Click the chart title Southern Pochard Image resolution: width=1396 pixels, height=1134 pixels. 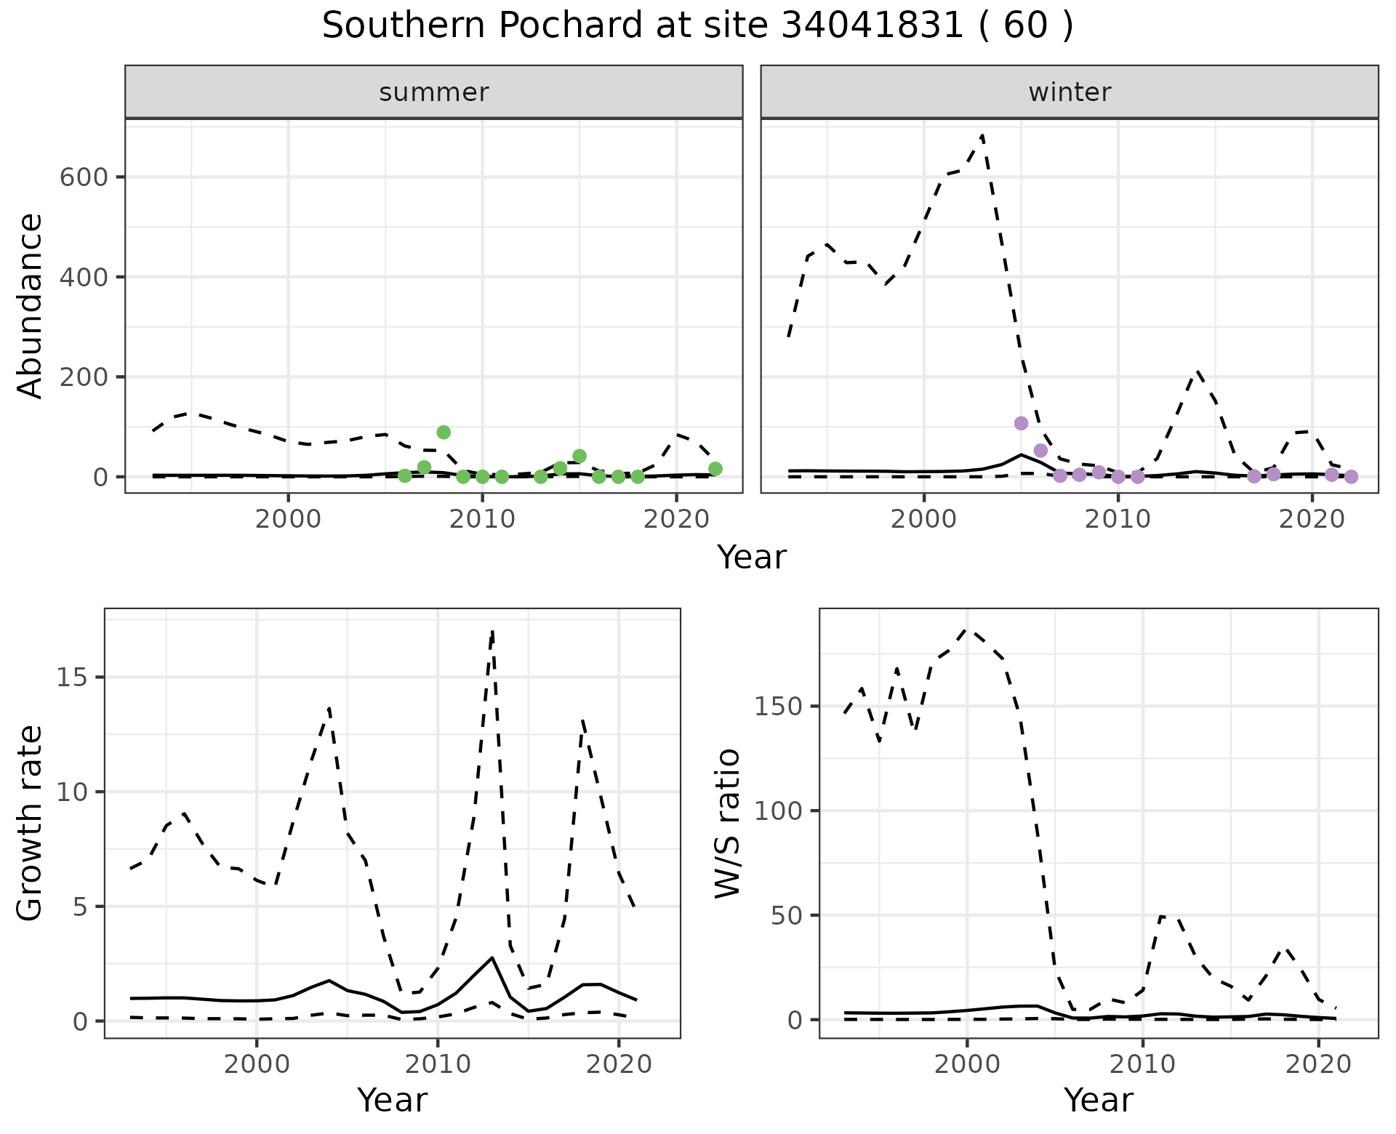pos(697,26)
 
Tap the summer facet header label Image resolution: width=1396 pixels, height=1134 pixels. pos(434,92)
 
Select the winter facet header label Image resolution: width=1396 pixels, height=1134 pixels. pos(1070,92)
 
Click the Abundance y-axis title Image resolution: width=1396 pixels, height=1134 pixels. pos(31,306)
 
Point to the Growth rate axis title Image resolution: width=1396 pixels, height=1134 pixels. pos(31,824)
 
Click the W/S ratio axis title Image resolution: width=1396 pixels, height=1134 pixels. pos(728,824)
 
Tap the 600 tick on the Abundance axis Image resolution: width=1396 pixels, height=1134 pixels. pos(84,177)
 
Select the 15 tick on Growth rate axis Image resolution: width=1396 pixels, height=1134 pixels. pos(73,677)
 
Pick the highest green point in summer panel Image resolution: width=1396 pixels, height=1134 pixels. pos(444,433)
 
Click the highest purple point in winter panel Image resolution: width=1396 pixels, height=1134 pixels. pos(1021,423)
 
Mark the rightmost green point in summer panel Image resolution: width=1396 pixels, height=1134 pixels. pos(715,469)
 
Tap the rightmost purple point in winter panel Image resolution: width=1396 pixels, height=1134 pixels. pos(1351,477)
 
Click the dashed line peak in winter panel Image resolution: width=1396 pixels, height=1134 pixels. pos(982,136)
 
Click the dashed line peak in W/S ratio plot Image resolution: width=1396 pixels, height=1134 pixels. pos(967,630)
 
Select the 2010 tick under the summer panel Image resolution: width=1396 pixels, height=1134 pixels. pos(482,520)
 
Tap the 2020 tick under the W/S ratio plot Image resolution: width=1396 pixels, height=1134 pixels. pos(1319,1065)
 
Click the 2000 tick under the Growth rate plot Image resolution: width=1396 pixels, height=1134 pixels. pos(256,1065)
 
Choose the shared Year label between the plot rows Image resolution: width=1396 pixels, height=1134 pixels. pos(752,558)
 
